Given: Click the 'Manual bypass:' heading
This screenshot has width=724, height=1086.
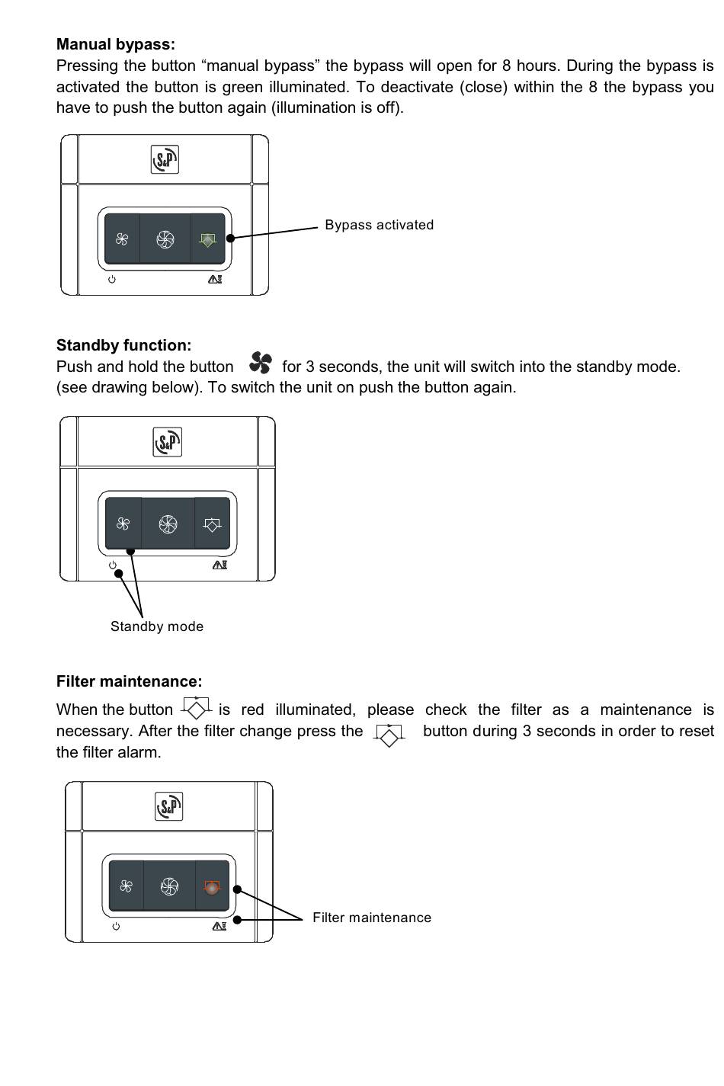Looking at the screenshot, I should pyautogui.click(x=115, y=44).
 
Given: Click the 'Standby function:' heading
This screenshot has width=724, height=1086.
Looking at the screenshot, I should pyautogui.click(x=123, y=345).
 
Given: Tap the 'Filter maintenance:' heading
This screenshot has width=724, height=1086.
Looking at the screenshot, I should pyautogui.click(x=129, y=681).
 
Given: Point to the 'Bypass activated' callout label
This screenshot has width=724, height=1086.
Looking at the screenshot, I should pyautogui.click(x=379, y=225).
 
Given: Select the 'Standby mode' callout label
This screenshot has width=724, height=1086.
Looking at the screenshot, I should pyautogui.click(x=157, y=626).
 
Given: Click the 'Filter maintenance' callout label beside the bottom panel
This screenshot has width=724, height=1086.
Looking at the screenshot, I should pyautogui.click(x=372, y=918).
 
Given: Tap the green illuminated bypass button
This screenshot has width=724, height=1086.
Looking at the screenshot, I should pyautogui.click(x=207, y=239).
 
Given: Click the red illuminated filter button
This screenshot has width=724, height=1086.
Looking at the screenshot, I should pyautogui.click(x=212, y=887).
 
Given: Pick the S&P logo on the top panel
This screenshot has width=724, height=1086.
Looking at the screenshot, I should pyautogui.click(x=165, y=160).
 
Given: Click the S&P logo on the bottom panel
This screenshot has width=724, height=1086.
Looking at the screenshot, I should pyautogui.click(x=169, y=806).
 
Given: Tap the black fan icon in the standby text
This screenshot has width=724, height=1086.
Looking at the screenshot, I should pyautogui.click(x=260, y=363).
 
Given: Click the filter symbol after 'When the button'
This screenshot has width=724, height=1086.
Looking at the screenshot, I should pyautogui.click(x=197, y=708).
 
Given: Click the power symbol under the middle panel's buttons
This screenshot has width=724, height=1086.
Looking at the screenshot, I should pyautogui.click(x=113, y=565).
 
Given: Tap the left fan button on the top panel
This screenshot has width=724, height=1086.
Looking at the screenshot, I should pyautogui.click(x=122, y=239).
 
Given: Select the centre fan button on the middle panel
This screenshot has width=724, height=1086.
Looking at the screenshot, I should pyautogui.click(x=168, y=524).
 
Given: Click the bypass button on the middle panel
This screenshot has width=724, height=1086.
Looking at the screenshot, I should pyautogui.click(x=212, y=524).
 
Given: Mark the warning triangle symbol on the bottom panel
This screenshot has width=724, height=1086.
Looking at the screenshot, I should pyautogui.click(x=219, y=926).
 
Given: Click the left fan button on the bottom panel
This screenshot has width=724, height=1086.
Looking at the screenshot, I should pyautogui.click(x=127, y=886).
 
